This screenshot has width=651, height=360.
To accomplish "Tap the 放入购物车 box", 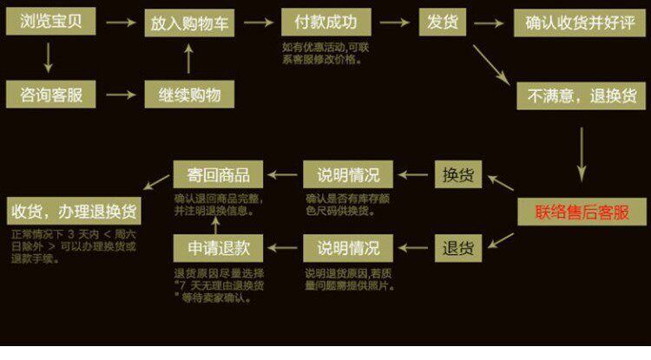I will (x=189, y=23).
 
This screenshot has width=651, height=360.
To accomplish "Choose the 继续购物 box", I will (x=189, y=95).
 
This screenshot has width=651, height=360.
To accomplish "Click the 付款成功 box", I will (x=325, y=22).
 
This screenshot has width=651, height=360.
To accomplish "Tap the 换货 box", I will (x=457, y=175).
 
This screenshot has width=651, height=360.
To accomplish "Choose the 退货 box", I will (x=457, y=249).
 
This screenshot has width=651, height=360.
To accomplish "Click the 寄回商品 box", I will (x=218, y=173).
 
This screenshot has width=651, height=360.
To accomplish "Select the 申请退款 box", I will (x=218, y=249).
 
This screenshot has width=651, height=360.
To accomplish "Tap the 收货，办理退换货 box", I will (x=75, y=211).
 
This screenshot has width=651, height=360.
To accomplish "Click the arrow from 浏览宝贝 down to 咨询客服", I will (x=48, y=57).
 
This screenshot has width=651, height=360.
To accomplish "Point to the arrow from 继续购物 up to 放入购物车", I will (x=189, y=59).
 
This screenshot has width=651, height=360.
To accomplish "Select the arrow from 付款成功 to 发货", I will (x=396, y=22).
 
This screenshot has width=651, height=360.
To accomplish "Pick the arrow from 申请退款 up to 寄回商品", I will (x=218, y=212).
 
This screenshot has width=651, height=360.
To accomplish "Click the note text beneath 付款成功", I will (x=323, y=54).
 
